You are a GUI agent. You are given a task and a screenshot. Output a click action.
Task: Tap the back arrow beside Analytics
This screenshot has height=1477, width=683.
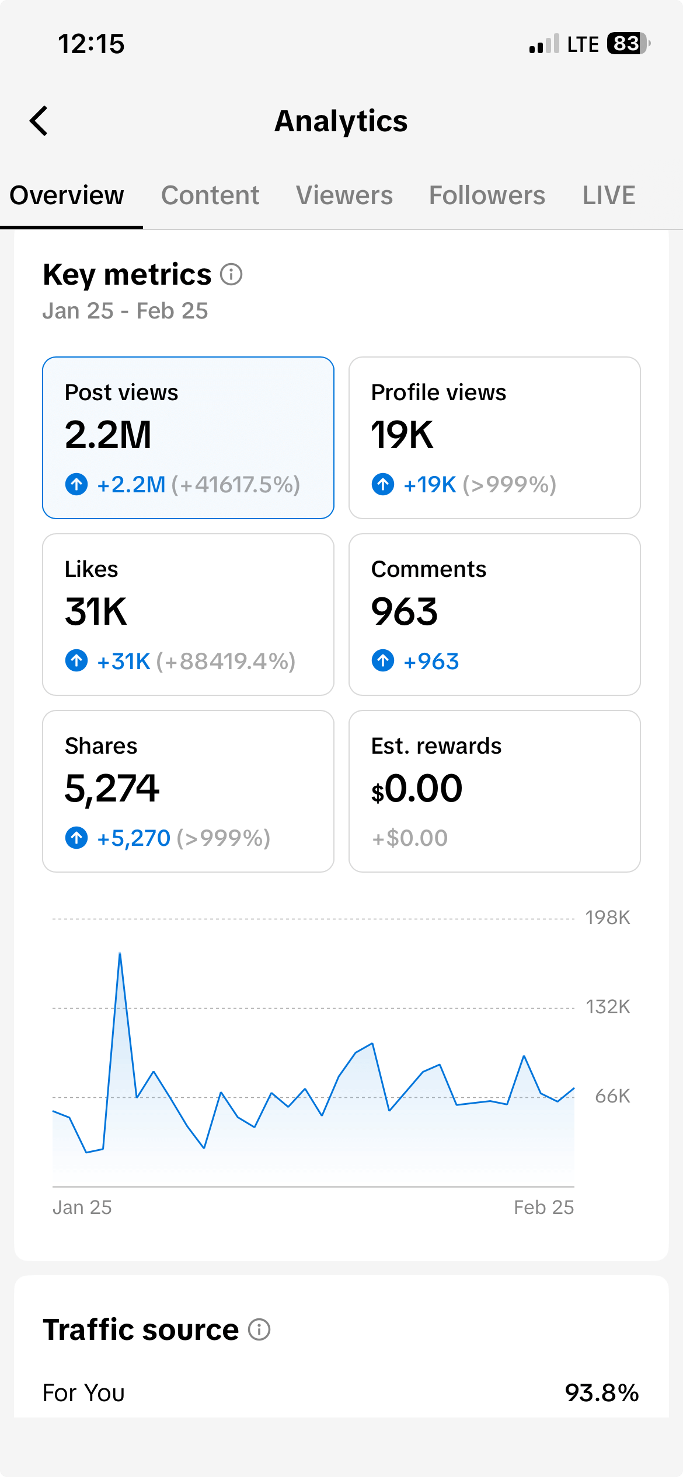39,121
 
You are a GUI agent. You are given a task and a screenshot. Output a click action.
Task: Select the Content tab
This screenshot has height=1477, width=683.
210,195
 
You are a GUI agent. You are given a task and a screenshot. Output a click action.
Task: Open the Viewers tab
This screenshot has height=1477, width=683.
344,195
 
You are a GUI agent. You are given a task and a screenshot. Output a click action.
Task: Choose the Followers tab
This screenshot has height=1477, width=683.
487,195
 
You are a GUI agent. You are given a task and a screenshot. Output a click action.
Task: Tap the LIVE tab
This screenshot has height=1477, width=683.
609,195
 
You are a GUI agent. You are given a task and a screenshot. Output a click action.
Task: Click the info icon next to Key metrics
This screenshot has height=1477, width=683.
231,274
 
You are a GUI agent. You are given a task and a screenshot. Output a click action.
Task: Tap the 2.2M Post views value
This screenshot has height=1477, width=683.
108,435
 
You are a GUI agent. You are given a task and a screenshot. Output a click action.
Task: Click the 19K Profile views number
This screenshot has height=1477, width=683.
402,435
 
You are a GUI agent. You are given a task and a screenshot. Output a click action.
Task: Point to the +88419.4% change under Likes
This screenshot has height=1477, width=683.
226,661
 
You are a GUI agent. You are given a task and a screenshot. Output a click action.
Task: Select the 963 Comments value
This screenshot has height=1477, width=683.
405,612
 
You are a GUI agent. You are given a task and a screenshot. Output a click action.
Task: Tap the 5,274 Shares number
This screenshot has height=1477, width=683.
111,789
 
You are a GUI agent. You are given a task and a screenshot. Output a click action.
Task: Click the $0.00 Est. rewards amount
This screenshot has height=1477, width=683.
417,789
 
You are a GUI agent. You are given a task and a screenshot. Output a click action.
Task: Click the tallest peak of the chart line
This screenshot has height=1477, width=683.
120,954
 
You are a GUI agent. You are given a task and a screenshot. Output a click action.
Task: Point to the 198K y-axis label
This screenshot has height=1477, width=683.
608,918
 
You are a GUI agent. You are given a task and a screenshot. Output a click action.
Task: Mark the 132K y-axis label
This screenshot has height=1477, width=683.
608,1007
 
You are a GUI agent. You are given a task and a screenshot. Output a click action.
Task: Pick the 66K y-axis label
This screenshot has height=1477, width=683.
612,1096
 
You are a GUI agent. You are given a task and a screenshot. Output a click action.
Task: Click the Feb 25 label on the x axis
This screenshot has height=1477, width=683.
543,1207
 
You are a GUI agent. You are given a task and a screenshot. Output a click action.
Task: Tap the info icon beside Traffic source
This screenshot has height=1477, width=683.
259,1330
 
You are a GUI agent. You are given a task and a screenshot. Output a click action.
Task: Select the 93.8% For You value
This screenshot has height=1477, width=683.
602,1393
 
